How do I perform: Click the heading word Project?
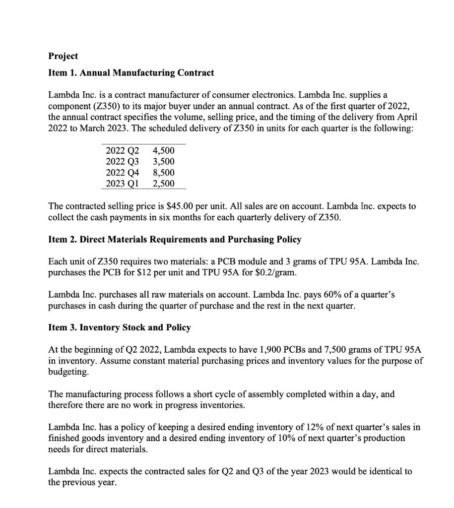(63, 56)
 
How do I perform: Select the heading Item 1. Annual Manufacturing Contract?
(131, 73)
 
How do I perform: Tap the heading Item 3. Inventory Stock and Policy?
(119, 327)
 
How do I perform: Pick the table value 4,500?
(164, 151)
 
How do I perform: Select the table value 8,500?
(164, 173)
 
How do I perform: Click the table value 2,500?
(164, 184)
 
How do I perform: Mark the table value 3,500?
(164, 162)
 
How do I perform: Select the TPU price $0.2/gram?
(277, 272)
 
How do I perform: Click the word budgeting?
(69, 372)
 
